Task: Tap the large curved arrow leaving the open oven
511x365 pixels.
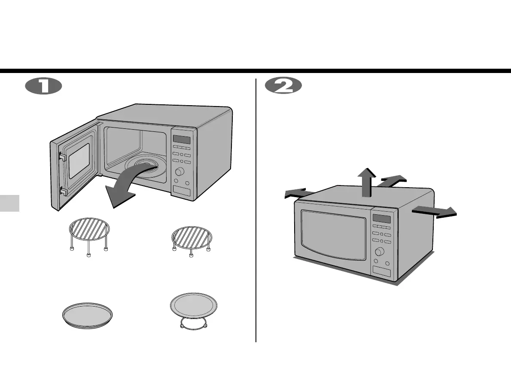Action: coord(125,189)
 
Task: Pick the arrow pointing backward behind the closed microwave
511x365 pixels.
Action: coord(392,180)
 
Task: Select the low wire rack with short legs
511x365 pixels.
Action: coord(192,237)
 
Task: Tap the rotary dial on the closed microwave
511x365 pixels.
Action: coord(380,252)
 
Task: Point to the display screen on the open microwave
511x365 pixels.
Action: coord(181,140)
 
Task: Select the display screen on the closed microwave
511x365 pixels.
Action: coord(381,218)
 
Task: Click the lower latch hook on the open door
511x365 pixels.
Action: coord(63,191)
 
